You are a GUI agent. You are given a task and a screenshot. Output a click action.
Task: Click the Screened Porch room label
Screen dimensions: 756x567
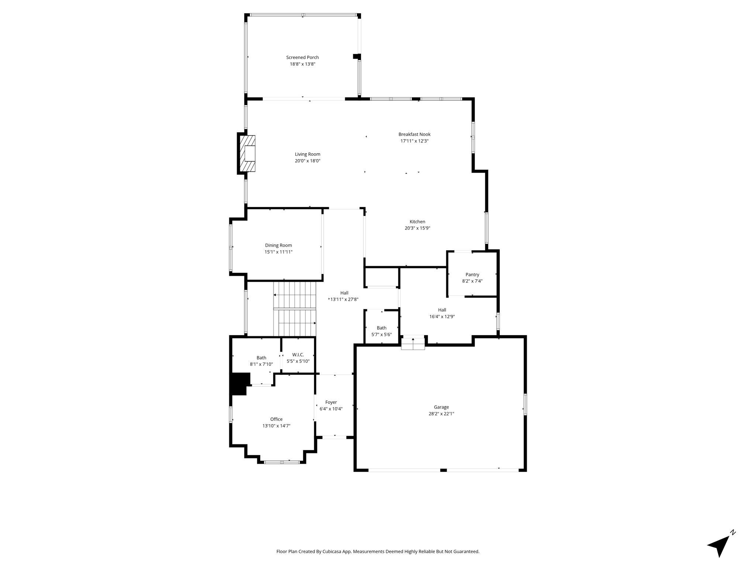[302, 57]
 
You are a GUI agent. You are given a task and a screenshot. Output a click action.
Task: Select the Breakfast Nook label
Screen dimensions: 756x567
[414, 134]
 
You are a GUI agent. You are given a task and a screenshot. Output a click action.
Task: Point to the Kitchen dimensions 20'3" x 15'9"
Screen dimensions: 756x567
[417, 228]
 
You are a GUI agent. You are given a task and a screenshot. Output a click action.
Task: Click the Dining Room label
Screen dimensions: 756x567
[278, 245]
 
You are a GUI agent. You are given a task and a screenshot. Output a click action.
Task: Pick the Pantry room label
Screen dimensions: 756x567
[472, 275]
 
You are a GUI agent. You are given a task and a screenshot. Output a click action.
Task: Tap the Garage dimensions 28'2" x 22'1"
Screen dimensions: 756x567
[441, 414]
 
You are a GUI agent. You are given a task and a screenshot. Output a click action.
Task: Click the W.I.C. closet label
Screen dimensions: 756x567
[298, 355]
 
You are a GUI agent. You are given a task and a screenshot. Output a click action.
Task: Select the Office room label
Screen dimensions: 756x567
[276, 419]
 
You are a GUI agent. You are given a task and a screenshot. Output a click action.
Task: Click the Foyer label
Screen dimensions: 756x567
[331, 402]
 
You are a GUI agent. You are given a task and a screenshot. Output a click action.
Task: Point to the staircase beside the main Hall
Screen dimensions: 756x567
[295, 309]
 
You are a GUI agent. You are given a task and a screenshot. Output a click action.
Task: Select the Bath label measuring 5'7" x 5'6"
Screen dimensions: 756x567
[381, 328]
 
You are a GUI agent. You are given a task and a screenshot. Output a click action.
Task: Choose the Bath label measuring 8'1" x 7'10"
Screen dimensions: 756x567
[261, 358]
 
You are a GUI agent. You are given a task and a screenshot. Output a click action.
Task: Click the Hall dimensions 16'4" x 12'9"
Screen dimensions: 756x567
[442, 316]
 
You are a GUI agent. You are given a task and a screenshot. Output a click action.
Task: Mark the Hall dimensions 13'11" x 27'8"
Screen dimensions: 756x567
[344, 299]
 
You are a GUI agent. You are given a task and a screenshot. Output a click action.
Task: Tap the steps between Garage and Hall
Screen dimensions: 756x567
[413, 344]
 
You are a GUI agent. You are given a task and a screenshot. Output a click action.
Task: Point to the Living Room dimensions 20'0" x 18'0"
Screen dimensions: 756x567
[307, 161]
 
